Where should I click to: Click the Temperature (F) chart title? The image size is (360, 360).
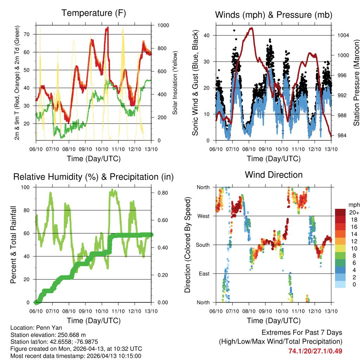tap(94, 13)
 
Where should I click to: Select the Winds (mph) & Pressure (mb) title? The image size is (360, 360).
tap(274, 15)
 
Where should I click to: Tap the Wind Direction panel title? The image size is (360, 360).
tap(274, 175)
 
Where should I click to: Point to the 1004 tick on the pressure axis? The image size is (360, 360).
tap(342, 36)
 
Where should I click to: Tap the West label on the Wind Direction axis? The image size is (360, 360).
tap(203, 216)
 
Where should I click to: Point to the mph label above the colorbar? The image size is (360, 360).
tap(353, 205)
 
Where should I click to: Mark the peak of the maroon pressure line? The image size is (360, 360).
tap(251, 28)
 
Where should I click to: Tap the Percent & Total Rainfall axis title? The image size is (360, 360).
tap(13, 245)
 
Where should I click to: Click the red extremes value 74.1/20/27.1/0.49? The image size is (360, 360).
tap(315, 351)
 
